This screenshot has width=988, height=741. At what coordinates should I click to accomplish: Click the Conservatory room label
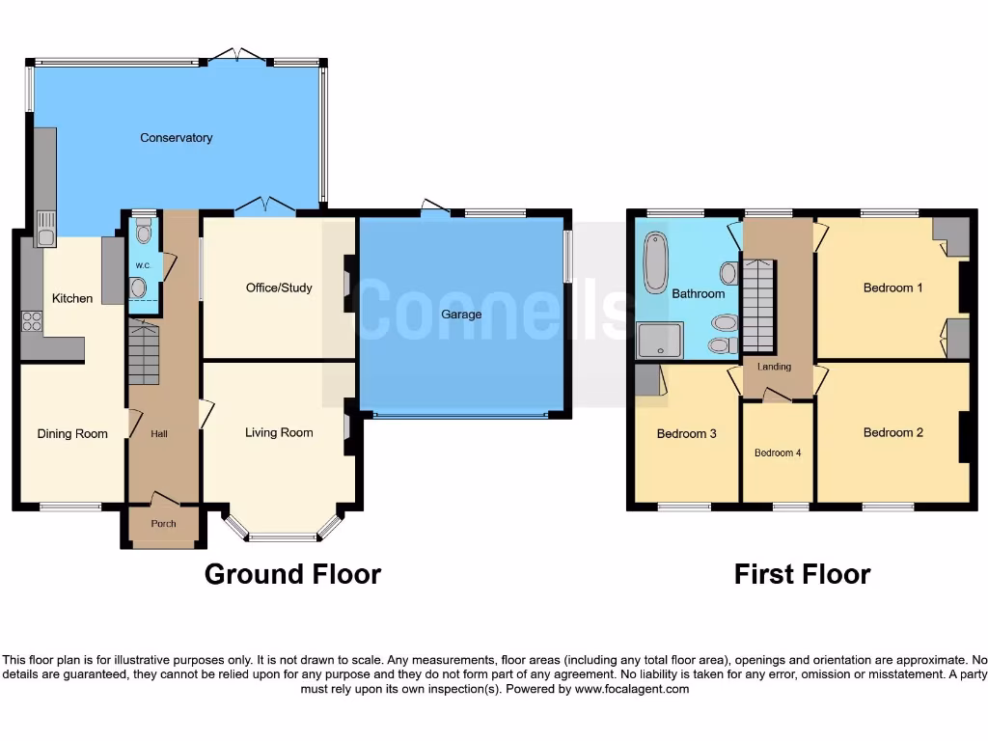tap(176, 138)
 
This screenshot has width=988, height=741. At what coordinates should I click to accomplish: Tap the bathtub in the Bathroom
tap(656, 261)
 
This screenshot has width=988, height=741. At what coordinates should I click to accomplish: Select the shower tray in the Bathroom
tap(660, 340)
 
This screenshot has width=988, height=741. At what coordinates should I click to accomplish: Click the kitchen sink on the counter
tap(45, 229)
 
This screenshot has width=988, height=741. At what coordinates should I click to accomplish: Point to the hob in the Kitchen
tap(32, 320)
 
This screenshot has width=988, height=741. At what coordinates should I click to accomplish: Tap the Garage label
tap(461, 315)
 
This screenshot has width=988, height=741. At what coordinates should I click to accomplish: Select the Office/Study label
tap(279, 288)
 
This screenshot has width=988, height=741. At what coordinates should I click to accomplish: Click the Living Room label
tap(279, 432)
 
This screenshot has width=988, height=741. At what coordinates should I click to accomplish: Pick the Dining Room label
tap(72, 434)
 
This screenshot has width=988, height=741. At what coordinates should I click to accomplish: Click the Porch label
tap(163, 524)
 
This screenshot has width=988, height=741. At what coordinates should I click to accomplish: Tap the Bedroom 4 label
tap(778, 453)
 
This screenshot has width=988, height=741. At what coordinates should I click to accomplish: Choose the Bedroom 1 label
tap(892, 288)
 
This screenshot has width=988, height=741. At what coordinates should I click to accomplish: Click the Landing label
tap(774, 367)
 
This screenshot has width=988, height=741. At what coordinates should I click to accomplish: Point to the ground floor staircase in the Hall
tap(143, 355)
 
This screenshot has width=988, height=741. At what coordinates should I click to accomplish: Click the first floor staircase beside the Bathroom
tap(759, 305)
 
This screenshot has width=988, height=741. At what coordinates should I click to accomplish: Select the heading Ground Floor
tap(292, 575)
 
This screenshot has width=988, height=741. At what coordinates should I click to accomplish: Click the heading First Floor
tap(802, 575)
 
